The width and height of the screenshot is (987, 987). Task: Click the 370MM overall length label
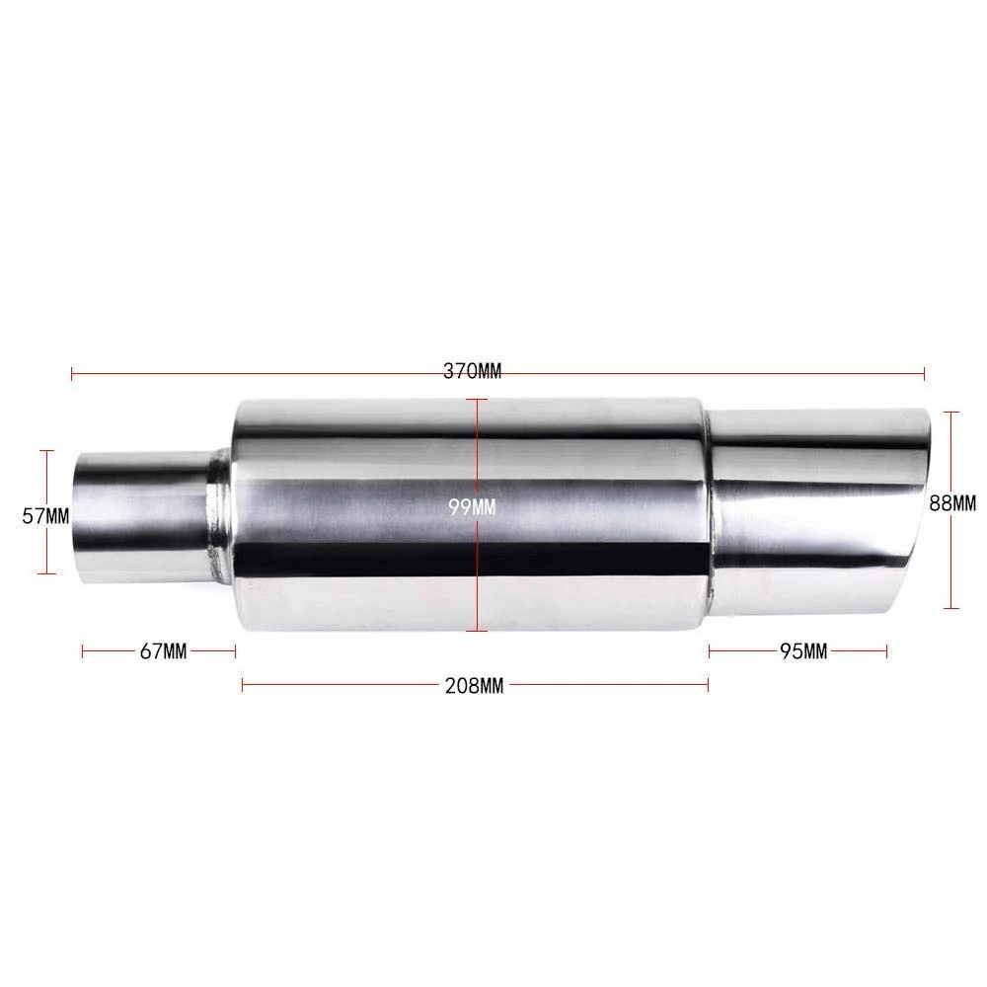coord(472,372)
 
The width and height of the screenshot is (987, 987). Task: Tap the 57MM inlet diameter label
coord(45,514)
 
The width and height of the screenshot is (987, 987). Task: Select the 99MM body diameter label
coord(472,506)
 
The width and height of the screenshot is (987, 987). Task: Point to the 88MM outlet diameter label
coord(951,502)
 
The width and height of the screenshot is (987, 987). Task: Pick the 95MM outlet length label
coord(802,650)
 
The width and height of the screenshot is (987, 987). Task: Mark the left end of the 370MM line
coord(72,373)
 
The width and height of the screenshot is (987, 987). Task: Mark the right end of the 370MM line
coord(924,373)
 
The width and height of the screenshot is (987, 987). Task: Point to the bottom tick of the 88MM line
coord(950,608)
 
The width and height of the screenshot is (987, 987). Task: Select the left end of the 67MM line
coord(83,649)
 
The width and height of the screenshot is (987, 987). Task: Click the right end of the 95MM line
coord(887,649)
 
